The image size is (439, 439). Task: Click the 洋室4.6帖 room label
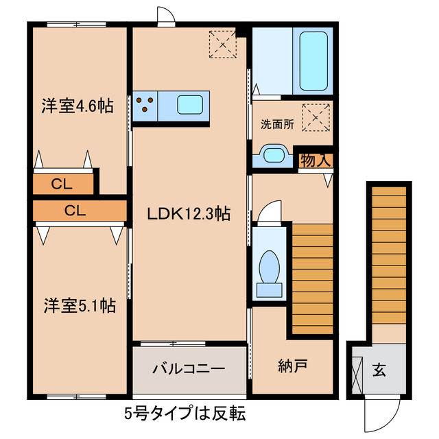(x=76, y=106)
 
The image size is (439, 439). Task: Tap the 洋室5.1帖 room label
(x=78, y=305)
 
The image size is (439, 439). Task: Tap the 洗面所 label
(x=276, y=124)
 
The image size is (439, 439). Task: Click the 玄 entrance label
(x=379, y=370)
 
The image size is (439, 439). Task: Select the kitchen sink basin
(x=189, y=105)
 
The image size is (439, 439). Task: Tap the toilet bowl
(x=270, y=268)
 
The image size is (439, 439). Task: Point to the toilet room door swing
(x=270, y=211)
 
